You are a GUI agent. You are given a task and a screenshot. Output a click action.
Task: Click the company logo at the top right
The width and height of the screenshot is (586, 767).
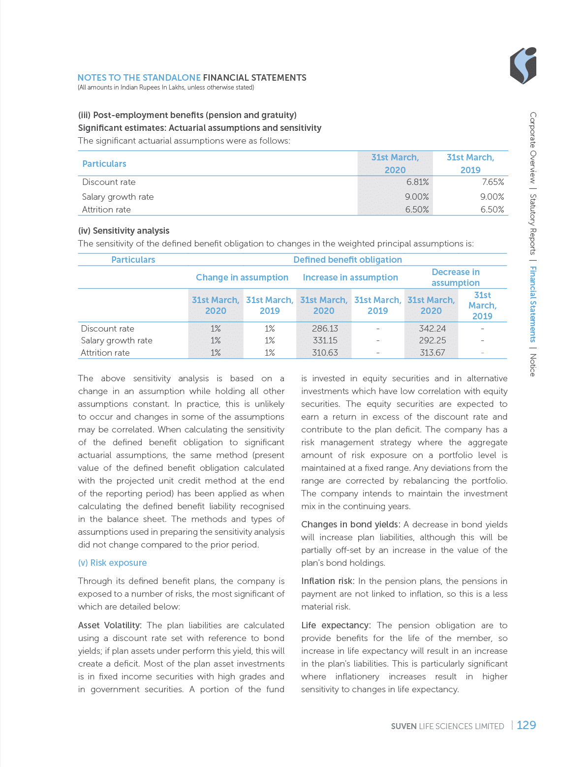pyautogui.click(x=523, y=66)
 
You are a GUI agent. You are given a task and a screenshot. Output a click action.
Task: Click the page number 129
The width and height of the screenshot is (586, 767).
pyautogui.click(x=526, y=725)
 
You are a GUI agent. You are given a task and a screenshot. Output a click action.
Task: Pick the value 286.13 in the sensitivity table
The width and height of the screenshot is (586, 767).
pyautogui.click(x=325, y=329)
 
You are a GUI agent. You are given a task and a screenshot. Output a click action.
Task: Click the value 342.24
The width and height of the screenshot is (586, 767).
pyautogui.click(x=432, y=329)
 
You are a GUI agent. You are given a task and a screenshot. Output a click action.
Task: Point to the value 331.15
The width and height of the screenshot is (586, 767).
pyautogui.click(x=325, y=340)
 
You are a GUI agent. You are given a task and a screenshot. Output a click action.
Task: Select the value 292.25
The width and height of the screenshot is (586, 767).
pyautogui.click(x=432, y=340)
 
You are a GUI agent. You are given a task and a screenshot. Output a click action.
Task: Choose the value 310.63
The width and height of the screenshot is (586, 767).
pyautogui.click(x=325, y=353)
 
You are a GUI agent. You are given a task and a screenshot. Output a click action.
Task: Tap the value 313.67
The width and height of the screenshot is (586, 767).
pyautogui.click(x=432, y=353)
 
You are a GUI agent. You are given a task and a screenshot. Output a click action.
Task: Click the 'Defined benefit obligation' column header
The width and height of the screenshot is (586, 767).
pyautogui.click(x=347, y=260)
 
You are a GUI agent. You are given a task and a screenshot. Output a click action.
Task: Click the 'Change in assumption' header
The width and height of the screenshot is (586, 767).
pyautogui.click(x=242, y=277)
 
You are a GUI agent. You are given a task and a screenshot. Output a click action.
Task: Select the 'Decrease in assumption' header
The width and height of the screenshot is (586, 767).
pyautogui.click(x=456, y=277)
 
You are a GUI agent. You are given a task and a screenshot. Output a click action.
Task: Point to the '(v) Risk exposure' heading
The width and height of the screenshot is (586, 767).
pyautogui.click(x=112, y=563)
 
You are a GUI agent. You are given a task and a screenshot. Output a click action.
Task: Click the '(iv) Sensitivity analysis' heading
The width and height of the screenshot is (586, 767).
pyautogui.click(x=123, y=231)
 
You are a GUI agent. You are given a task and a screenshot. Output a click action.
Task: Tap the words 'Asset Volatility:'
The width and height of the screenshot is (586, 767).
pyautogui.click(x=110, y=625)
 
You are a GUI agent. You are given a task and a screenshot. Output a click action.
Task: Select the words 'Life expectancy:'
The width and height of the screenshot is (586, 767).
pyautogui.click(x=335, y=625)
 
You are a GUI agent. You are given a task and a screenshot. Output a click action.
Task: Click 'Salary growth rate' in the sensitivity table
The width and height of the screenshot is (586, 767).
pyautogui.click(x=117, y=340)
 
